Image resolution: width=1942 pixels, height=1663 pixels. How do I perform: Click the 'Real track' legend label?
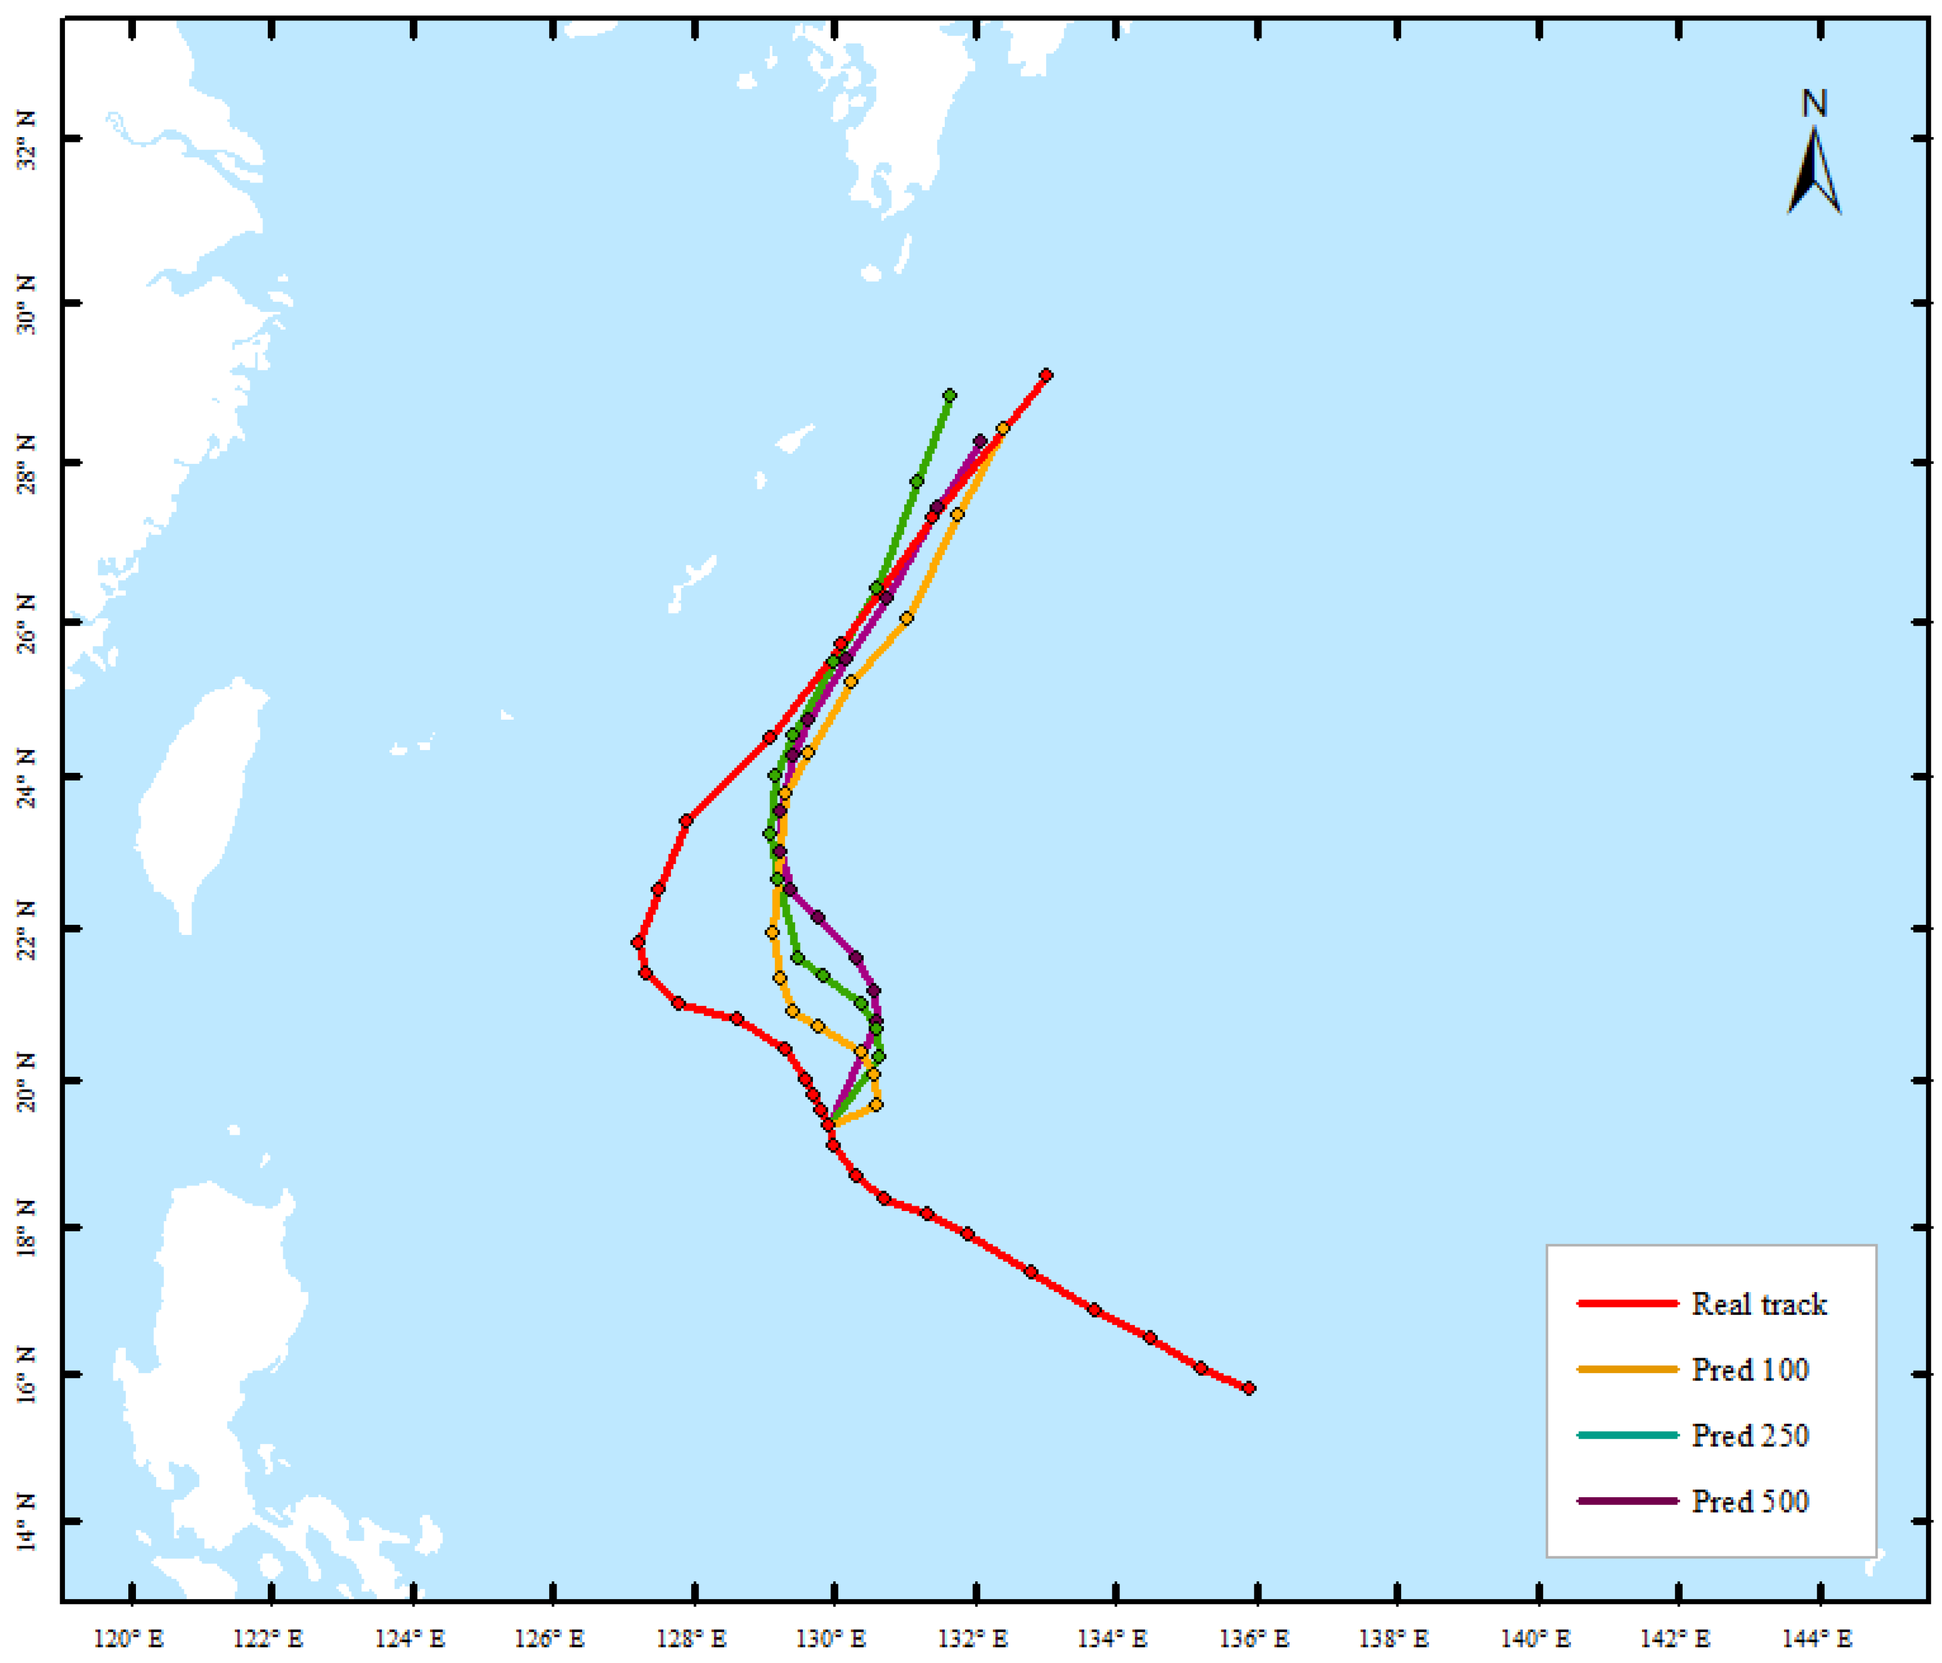pos(1758,1304)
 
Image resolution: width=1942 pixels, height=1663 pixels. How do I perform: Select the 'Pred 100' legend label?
pos(1749,1370)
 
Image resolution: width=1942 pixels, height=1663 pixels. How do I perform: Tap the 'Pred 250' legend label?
pos(1749,1435)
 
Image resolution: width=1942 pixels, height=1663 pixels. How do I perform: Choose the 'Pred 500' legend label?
pos(1749,1501)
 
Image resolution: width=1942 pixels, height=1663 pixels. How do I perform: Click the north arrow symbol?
pos(1814,174)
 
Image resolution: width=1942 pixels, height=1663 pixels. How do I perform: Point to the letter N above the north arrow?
pos(1814,104)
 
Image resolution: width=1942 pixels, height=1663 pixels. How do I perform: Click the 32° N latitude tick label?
pos(26,141)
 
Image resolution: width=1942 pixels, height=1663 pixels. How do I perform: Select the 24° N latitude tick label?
pos(26,778)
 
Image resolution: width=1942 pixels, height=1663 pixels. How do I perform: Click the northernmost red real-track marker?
pos(1046,376)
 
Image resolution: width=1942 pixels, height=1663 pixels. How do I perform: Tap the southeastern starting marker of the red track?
pos(1248,1389)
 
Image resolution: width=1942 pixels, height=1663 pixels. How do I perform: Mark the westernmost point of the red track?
pos(638,943)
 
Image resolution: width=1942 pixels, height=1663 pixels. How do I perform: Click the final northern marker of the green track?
pos(950,395)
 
